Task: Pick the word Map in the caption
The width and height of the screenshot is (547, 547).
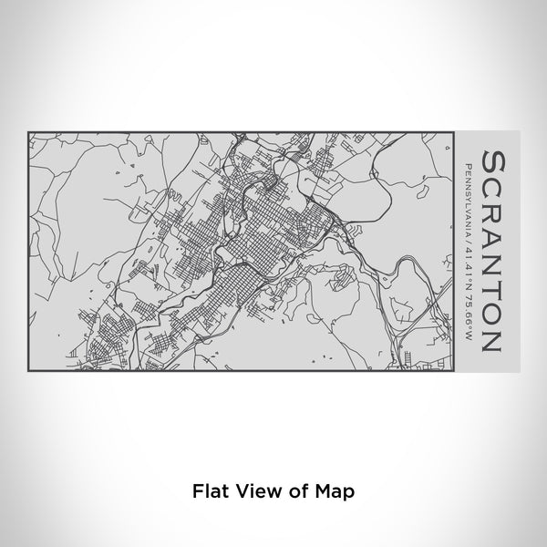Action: pyautogui.click(x=335, y=490)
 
